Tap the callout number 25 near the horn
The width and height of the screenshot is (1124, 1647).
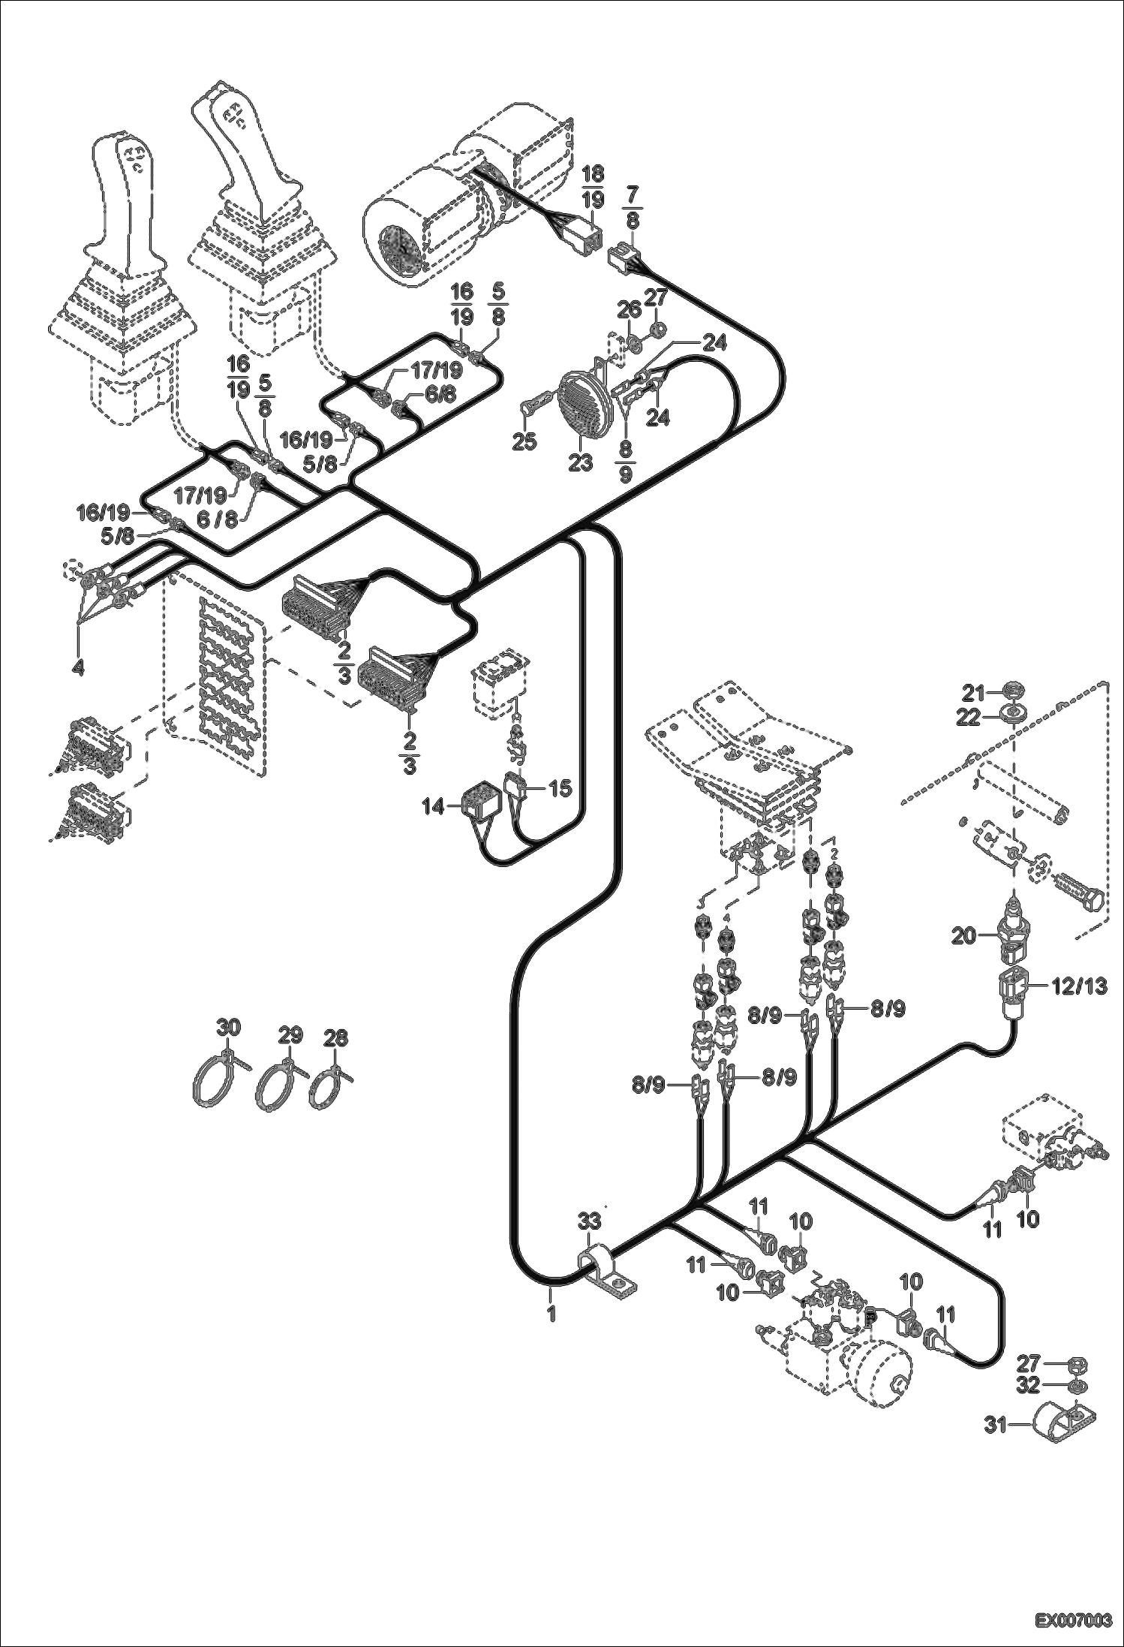click(x=524, y=441)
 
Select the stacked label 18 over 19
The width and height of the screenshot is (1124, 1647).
click(x=592, y=187)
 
